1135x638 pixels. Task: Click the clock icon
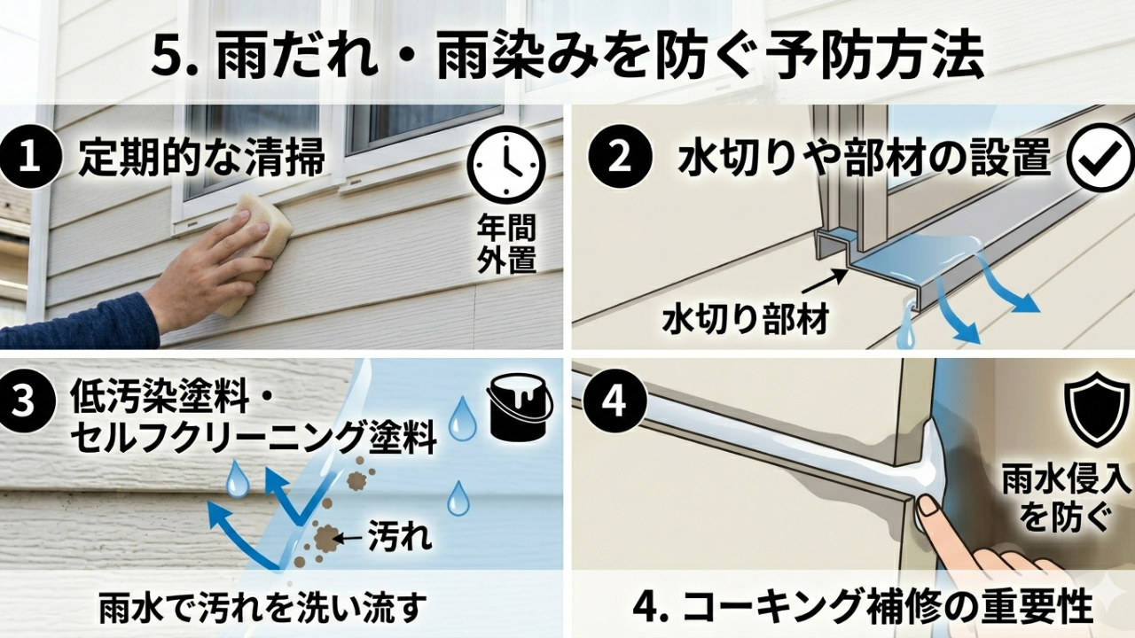(509, 166)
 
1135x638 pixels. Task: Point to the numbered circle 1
(29, 157)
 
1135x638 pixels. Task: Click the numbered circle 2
(619, 158)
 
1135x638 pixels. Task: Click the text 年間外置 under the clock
(506, 244)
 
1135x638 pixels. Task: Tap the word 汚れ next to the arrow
(400, 536)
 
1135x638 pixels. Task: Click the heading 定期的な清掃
(201, 157)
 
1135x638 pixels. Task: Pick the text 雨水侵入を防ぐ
(1066, 501)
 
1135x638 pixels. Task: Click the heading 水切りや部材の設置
(863, 158)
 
